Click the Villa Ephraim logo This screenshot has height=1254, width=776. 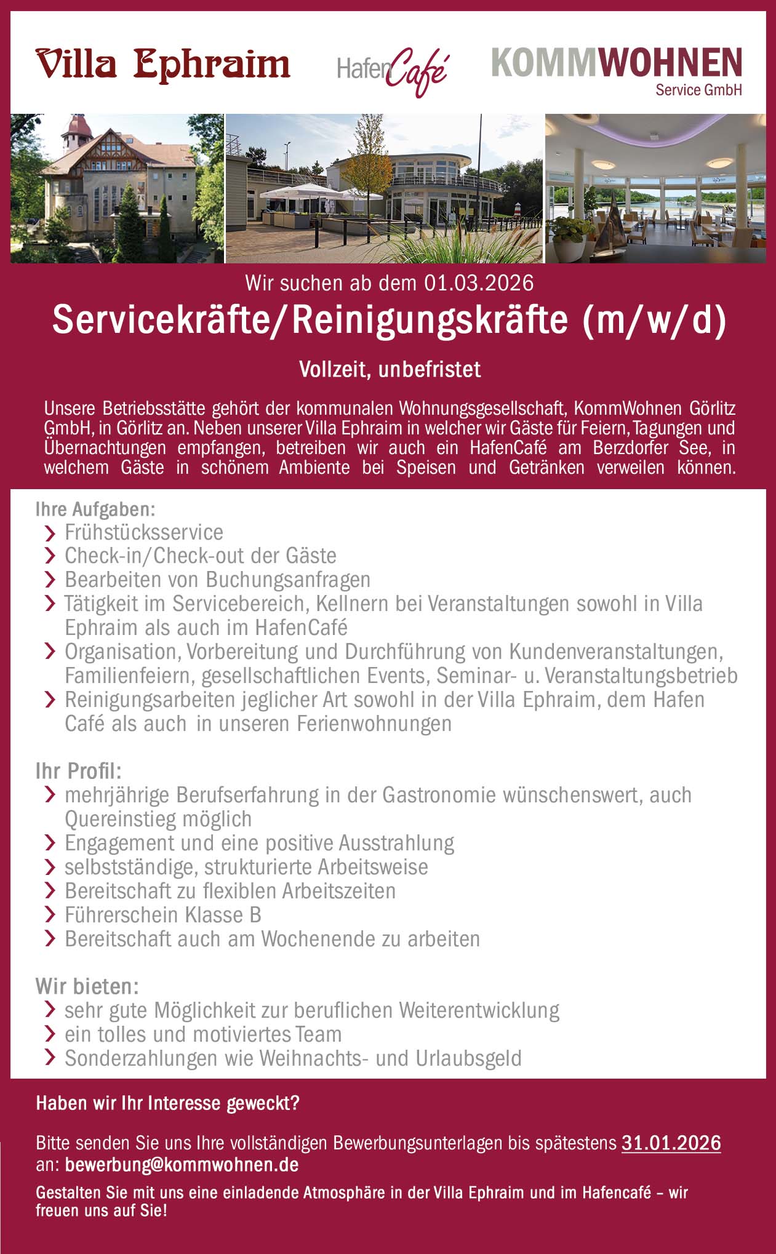click(x=162, y=65)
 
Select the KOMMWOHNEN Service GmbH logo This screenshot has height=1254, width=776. click(x=617, y=70)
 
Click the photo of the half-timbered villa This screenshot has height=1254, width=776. click(x=117, y=188)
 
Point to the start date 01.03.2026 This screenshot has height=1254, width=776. click(x=478, y=283)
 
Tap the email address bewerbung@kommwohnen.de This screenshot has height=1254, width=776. click(x=182, y=1164)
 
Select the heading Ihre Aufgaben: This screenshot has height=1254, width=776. click(x=95, y=509)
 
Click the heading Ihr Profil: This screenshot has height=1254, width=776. click(x=78, y=771)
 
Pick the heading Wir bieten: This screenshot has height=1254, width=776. click(x=87, y=986)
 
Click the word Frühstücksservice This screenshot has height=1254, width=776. click(x=144, y=532)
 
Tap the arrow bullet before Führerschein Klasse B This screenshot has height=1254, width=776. click(x=50, y=916)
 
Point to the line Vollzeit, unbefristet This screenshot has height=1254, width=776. click(x=390, y=369)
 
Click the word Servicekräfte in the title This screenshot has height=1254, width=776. click(x=162, y=320)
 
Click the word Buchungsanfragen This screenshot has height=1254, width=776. click(x=288, y=580)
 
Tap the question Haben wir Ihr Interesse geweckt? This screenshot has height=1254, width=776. click(x=167, y=1103)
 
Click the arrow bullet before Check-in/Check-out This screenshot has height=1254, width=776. click(x=50, y=556)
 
